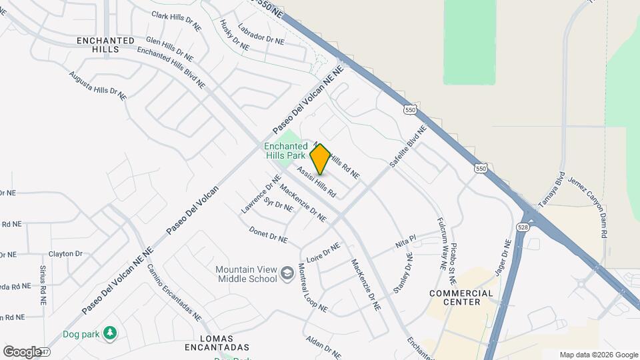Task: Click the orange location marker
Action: tap(320, 159)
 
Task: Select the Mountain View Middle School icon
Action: tap(287, 273)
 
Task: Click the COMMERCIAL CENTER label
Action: tap(461, 297)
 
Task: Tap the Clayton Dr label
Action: tap(65, 254)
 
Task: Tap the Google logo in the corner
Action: tap(22, 351)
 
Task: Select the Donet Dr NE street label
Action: tap(268, 235)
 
